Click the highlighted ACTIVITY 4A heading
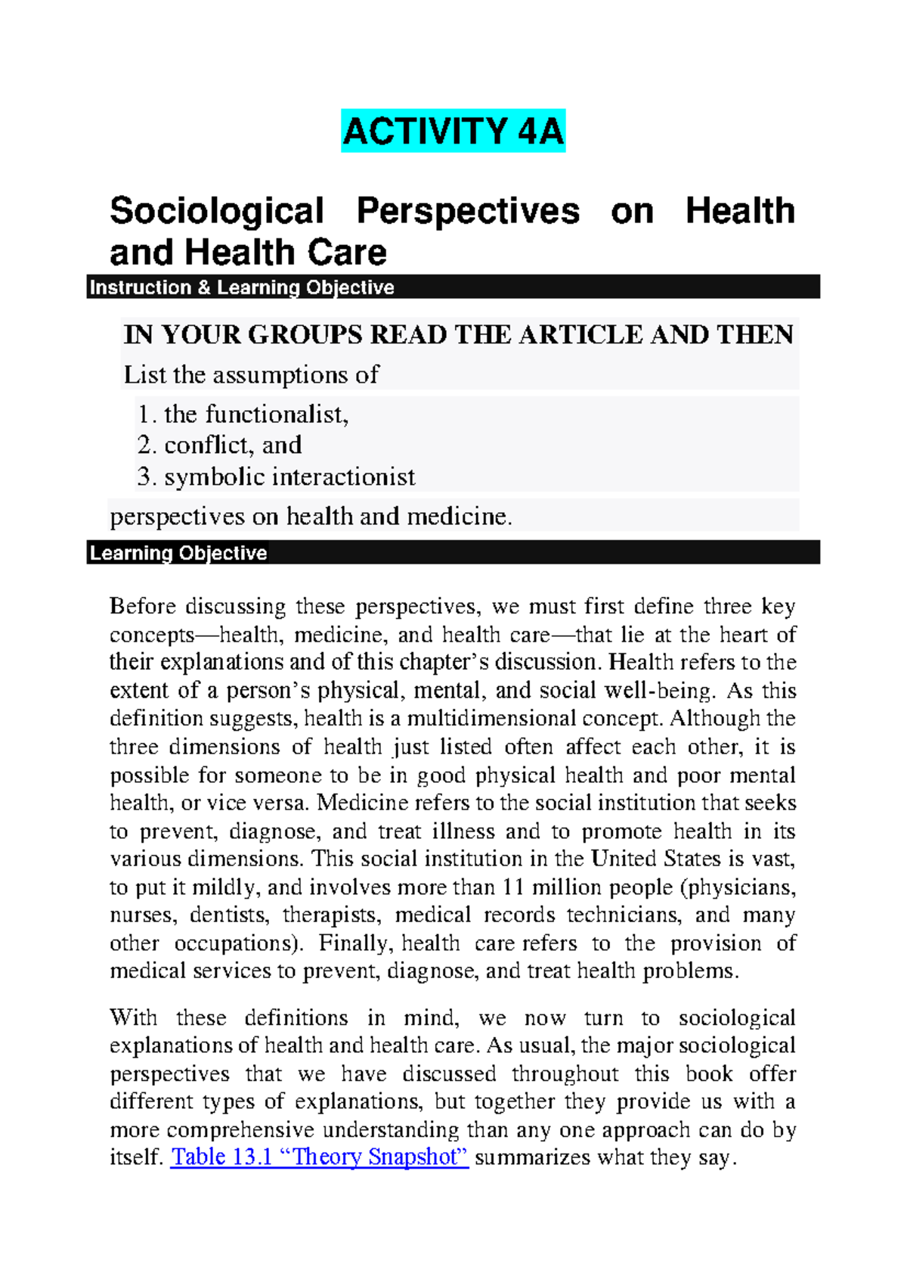point(453,131)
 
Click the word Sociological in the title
point(217,211)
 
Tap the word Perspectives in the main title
point(468,211)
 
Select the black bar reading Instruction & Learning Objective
point(242,287)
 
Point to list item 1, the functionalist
point(243,414)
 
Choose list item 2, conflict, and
point(220,445)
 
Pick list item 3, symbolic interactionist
point(277,477)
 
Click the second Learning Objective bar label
point(178,553)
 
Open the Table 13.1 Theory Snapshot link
point(320,1157)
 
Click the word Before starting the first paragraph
point(143,606)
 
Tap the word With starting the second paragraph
point(134,1017)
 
